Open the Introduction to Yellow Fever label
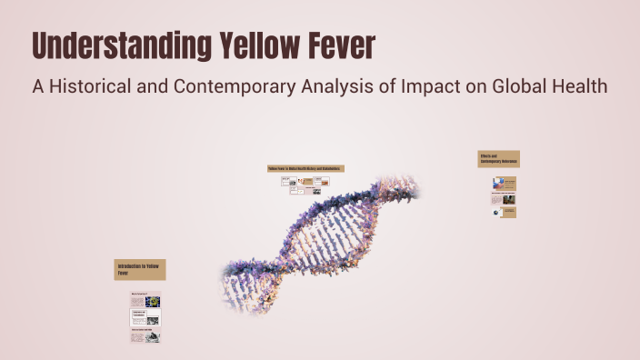pos(140,269)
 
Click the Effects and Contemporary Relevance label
pos(498,159)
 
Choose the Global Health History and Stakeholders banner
pos(305,168)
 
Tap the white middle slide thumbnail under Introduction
pos(145,316)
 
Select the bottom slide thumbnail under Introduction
pos(145,335)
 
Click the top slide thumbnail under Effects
pos(504,183)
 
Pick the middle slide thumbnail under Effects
pos(504,197)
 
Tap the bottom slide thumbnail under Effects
pos(504,212)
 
